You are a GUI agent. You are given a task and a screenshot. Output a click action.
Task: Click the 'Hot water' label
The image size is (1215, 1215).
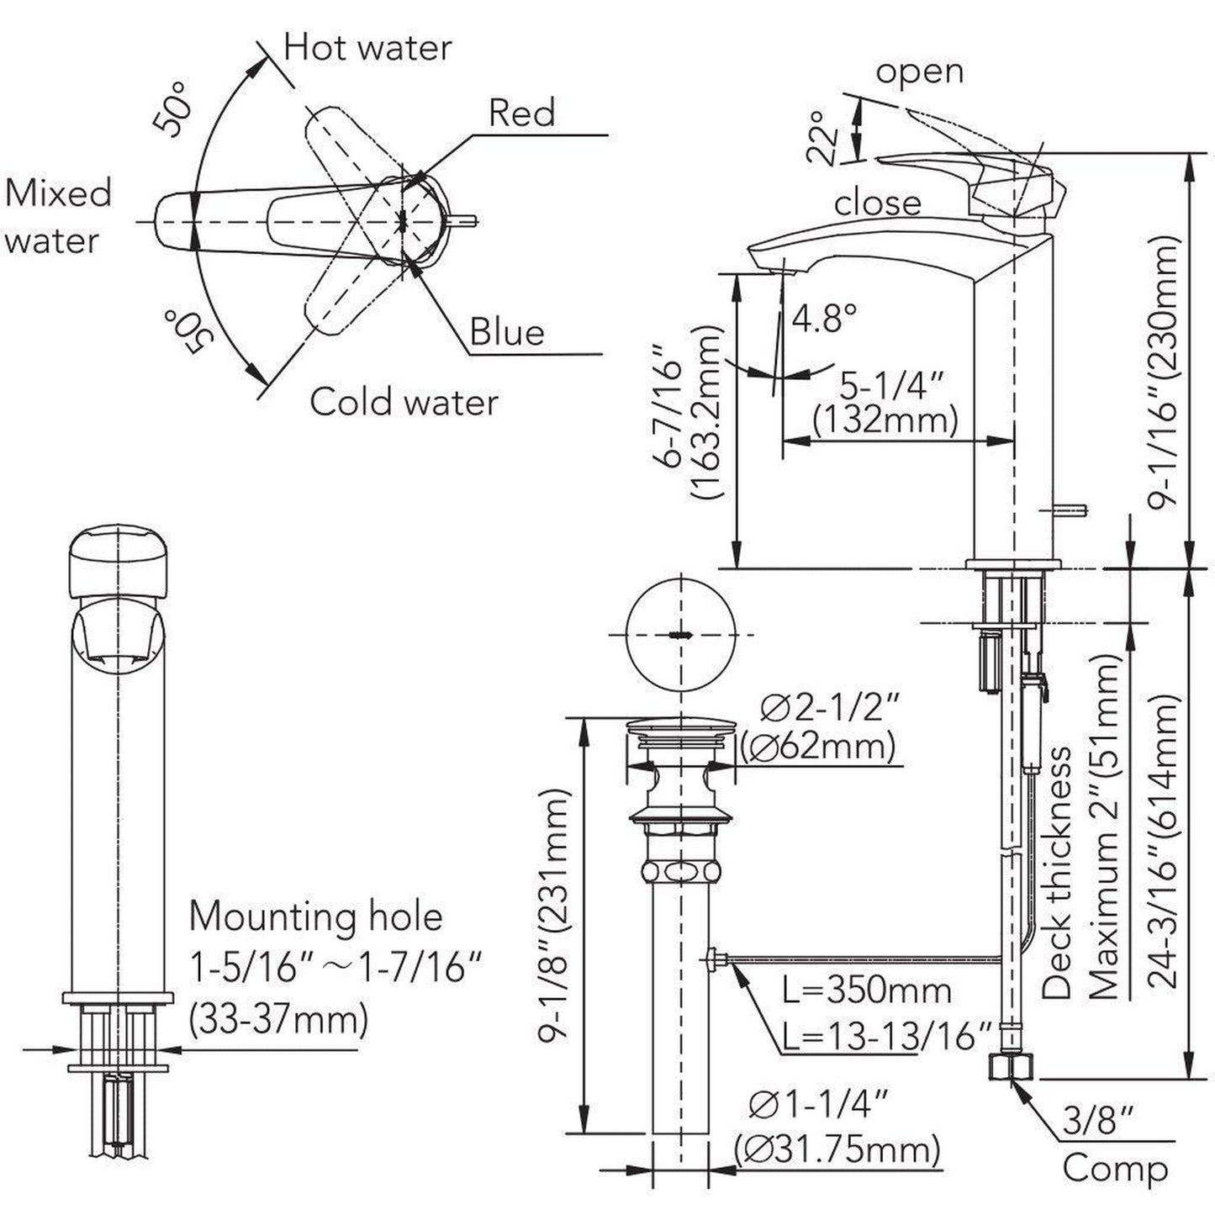pos(367,48)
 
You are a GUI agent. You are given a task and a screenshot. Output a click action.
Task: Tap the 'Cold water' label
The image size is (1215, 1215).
pos(404,402)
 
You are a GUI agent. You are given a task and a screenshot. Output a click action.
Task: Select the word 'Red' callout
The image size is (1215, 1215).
pos(521,114)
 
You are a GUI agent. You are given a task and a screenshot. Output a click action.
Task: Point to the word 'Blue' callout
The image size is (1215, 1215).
pos(506,332)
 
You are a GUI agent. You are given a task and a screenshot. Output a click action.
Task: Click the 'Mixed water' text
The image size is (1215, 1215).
pos(57,217)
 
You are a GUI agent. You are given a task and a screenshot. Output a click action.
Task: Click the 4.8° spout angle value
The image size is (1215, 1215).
pos(825,318)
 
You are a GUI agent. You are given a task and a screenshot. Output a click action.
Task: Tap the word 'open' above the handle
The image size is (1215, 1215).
pos(919,72)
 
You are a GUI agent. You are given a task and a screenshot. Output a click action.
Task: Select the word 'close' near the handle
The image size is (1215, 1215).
pos(877,203)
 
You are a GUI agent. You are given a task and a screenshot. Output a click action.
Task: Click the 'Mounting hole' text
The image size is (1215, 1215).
pos(315,917)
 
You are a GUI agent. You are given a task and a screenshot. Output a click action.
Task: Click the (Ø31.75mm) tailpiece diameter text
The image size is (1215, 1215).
pos(837,1149)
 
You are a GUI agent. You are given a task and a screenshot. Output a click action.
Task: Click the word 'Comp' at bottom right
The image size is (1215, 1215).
pos(1115,1170)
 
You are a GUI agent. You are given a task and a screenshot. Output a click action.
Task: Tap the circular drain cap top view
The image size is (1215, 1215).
pos(681,635)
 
